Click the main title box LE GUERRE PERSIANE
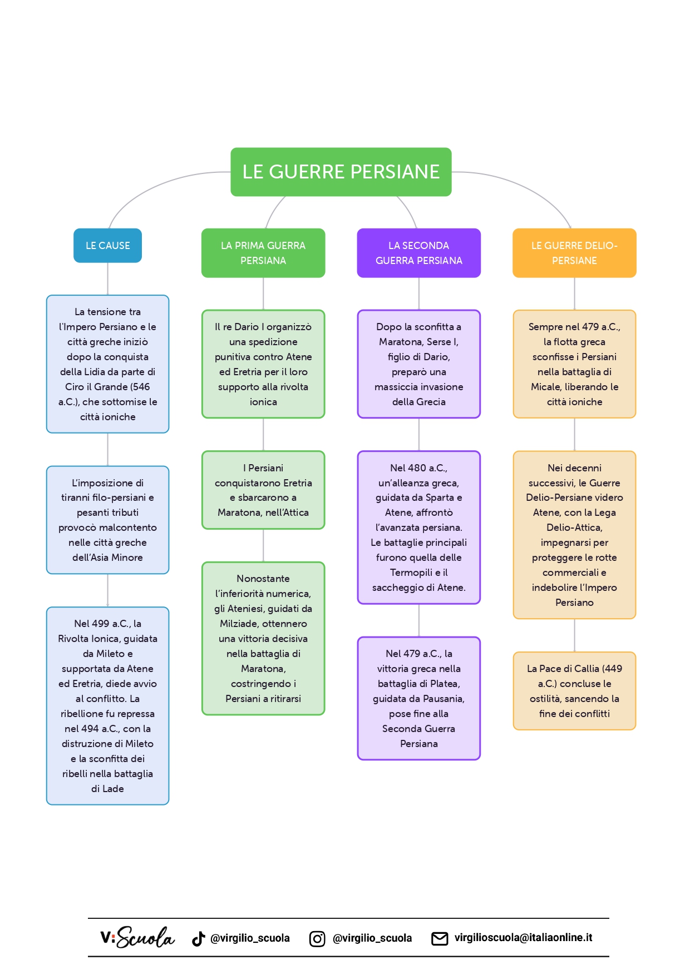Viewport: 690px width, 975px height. pyautogui.click(x=341, y=172)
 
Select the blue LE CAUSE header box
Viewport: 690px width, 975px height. pyautogui.click(x=107, y=245)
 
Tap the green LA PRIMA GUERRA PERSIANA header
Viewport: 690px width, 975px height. pyautogui.click(x=263, y=253)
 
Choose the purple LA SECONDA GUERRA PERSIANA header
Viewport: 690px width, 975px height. pyautogui.click(x=418, y=253)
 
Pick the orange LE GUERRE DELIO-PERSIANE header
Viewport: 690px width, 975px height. pyautogui.click(x=574, y=253)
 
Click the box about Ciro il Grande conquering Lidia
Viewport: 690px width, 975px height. pyautogui.click(x=107, y=364)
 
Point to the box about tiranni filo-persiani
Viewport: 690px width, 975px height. pyautogui.click(x=107, y=520)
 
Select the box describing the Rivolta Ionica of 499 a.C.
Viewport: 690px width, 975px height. pyautogui.click(x=107, y=705)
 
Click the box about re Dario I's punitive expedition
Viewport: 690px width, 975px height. pyautogui.click(x=263, y=364)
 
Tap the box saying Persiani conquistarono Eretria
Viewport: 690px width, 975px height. pyautogui.click(x=263, y=490)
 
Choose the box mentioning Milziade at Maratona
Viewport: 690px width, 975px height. pyautogui.click(x=263, y=638)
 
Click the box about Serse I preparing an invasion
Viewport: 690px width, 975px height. pyautogui.click(x=418, y=364)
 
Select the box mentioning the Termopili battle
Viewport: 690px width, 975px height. pyautogui.click(x=418, y=527)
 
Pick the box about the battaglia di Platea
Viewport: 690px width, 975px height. pyautogui.click(x=418, y=698)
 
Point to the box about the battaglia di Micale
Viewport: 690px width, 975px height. pyautogui.click(x=574, y=364)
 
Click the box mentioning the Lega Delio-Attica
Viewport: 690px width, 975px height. pyautogui.click(x=574, y=535)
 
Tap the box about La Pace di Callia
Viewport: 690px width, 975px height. pyautogui.click(x=574, y=690)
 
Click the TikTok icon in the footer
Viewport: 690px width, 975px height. pyautogui.click(x=199, y=939)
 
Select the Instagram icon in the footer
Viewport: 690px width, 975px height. pyautogui.click(x=317, y=939)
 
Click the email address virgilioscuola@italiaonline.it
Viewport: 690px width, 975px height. pyautogui.click(x=523, y=938)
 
